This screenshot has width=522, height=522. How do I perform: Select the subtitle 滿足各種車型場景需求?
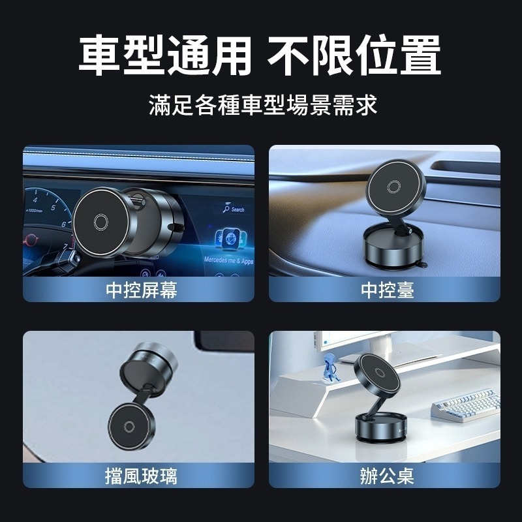[263, 104]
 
